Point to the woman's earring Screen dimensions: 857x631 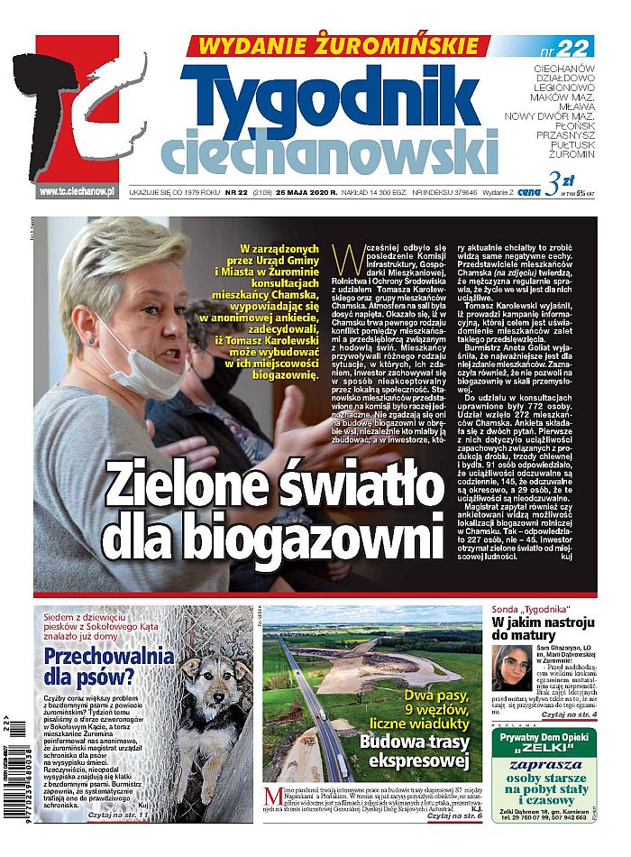point(91,341)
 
